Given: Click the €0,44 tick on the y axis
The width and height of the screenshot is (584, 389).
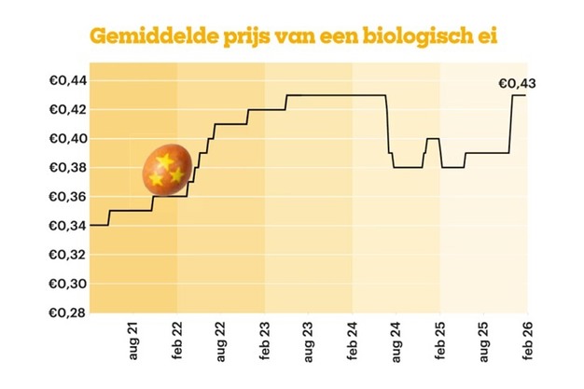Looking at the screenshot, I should pyautogui.click(x=66, y=80).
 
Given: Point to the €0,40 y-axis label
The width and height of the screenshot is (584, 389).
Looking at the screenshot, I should pyautogui.click(x=66, y=138).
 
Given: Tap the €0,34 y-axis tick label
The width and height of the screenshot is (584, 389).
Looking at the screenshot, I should pyautogui.click(x=66, y=225).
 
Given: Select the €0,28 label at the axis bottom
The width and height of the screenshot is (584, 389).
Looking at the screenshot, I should pyautogui.click(x=66, y=312).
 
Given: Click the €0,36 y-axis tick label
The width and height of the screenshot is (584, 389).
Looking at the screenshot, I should pyautogui.click(x=66, y=196).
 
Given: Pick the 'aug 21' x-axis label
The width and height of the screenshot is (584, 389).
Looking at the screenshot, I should pyautogui.click(x=132, y=346).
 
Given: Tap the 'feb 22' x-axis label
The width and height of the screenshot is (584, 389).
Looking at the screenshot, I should pyautogui.click(x=176, y=346).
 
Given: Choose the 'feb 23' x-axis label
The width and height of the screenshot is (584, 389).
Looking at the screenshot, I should pyautogui.click(x=264, y=346).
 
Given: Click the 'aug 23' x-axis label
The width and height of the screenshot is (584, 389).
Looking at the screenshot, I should pyautogui.click(x=308, y=346).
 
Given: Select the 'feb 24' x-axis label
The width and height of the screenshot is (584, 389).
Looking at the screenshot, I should pyautogui.click(x=352, y=346).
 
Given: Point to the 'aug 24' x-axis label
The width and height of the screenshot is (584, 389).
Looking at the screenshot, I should pyautogui.click(x=396, y=346).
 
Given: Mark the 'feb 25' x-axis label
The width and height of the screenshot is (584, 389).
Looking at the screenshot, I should pyautogui.click(x=439, y=346).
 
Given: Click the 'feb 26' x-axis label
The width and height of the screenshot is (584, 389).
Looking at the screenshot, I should pyautogui.click(x=527, y=346).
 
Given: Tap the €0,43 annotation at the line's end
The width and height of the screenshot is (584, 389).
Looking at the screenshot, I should pyautogui.click(x=517, y=84).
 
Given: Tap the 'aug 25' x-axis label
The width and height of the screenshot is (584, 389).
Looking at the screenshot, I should pyautogui.click(x=483, y=346).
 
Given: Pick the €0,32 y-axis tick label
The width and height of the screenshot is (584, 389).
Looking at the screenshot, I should pyautogui.click(x=66, y=254).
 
